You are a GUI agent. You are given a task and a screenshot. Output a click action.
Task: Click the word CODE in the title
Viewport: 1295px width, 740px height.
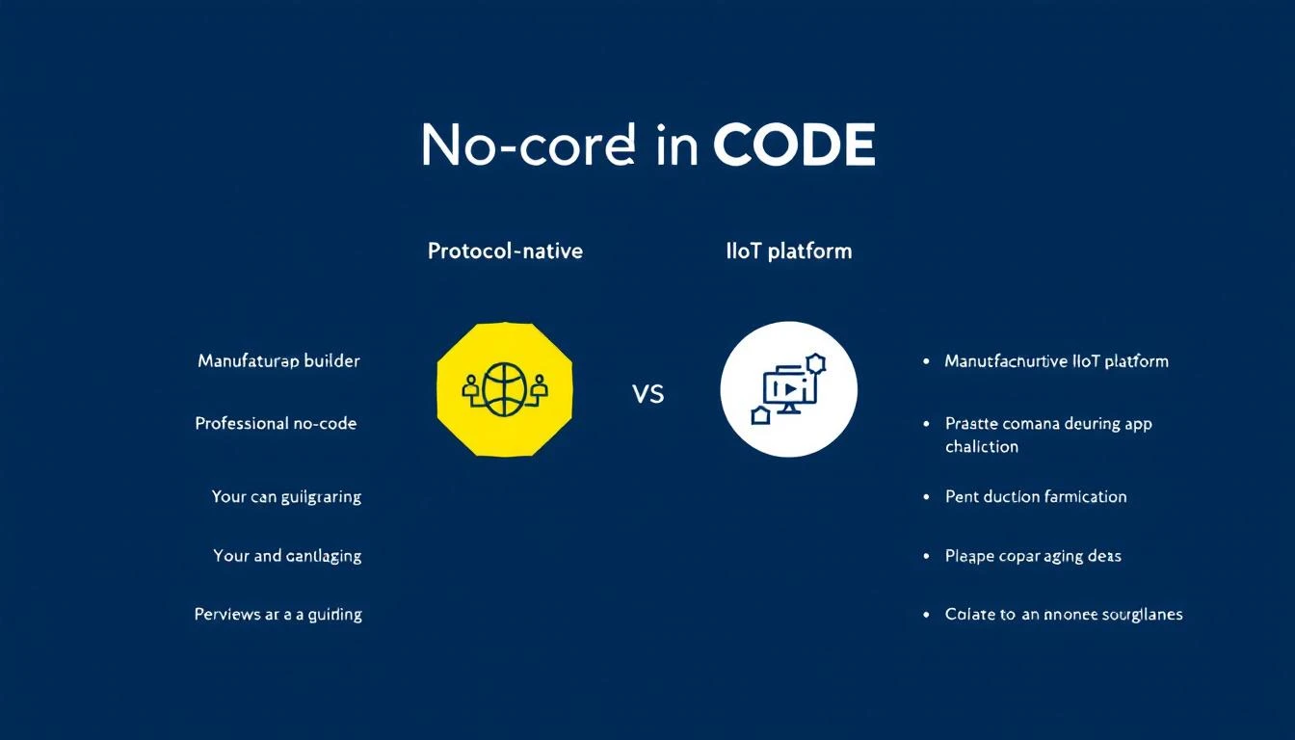click(794, 145)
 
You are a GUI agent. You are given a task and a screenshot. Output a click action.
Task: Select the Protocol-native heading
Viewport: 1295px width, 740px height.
click(505, 251)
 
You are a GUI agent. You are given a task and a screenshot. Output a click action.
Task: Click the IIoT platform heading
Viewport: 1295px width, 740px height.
click(789, 251)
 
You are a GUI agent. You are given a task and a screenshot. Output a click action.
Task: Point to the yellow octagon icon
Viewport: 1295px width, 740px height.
click(505, 389)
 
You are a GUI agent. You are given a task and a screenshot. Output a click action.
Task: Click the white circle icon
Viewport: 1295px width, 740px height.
click(788, 389)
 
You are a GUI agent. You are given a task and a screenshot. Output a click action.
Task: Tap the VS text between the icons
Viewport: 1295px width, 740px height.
click(648, 393)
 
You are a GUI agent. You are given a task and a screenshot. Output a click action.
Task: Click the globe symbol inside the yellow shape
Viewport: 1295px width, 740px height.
click(505, 389)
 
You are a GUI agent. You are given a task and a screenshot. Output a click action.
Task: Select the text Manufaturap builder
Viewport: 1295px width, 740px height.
click(278, 361)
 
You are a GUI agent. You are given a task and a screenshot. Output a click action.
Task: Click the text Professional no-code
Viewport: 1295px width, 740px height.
click(276, 423)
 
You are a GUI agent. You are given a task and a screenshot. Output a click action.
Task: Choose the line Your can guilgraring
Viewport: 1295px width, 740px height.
click(286, 497)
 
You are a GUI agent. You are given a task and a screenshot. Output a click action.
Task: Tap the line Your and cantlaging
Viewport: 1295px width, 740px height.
click(287, 556)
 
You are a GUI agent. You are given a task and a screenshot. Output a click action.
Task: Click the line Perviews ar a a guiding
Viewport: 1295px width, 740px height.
click(277, 614)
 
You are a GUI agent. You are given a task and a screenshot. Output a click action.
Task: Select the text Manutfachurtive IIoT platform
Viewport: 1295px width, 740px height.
click(1056, 361)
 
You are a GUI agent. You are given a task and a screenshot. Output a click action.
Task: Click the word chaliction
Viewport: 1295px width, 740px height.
click(981, 446)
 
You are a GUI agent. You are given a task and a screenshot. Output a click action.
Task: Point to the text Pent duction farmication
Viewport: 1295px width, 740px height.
click(1036, 497)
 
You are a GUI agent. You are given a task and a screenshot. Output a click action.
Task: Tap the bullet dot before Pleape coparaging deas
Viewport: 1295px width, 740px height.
click(926, 556)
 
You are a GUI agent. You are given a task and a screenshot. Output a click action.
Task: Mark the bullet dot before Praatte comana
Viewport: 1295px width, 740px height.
click(926, 423)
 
